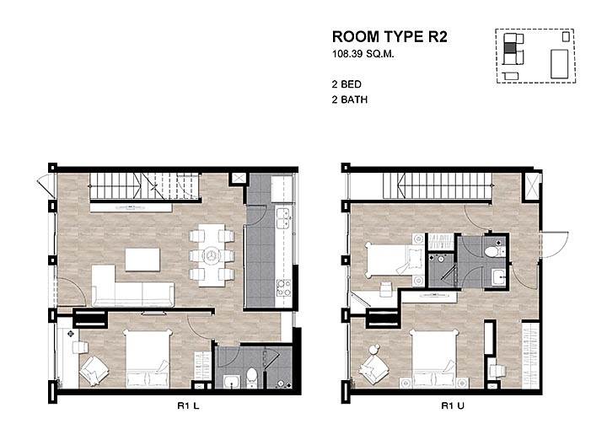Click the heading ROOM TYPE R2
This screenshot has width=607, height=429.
click(x=389, y=37)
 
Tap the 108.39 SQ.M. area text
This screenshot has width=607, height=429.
click(x=363, y=54)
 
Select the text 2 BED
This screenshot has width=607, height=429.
click(x=346, y=84)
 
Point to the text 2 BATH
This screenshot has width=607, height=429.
click(x=350, y=99)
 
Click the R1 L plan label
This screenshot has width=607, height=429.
click(x=188, y=405)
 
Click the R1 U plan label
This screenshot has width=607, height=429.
click(x=452, y=405)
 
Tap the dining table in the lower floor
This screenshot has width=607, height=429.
click(x=212, y=255)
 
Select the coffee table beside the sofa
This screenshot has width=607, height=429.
click(x=142, y=260)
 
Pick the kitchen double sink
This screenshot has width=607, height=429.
click(x=283, y=218)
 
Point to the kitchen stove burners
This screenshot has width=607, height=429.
click(x=283, y=287)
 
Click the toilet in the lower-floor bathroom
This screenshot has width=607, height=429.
click(x=251, y=378)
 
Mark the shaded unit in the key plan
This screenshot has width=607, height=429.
click(x=510, y=48)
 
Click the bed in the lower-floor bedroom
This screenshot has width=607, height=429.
click(x=148, y=358)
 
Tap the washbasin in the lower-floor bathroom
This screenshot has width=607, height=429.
click(x=232, y=381)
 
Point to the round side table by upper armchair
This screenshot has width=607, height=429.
click(x=373, y=350)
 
